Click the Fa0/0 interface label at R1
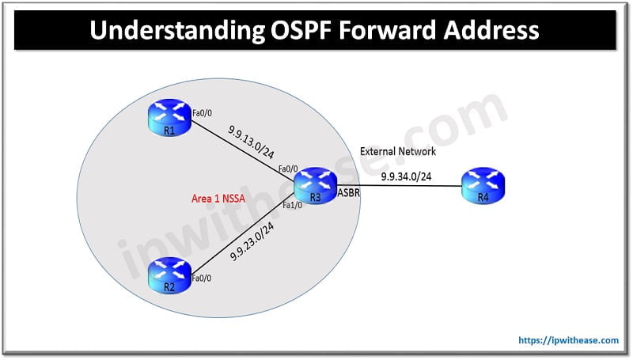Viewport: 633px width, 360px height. coord(203,116)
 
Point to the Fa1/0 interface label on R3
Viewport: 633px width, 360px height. coord(293,205)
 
